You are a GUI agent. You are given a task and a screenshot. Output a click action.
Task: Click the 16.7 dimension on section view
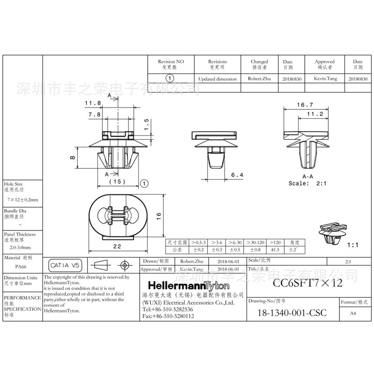point(305,105)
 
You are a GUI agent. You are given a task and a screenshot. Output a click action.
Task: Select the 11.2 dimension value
point(315,114)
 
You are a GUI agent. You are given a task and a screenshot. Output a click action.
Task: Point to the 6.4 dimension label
point(237,175)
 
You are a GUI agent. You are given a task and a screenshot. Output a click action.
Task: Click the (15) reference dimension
point(116,181)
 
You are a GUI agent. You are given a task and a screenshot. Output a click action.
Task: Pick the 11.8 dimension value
point(93,103)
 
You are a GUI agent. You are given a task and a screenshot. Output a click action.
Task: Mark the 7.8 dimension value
point(94,114)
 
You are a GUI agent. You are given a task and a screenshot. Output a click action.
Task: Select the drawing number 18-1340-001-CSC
point(292,313)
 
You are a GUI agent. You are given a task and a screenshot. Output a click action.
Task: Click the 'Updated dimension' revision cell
point(217,79)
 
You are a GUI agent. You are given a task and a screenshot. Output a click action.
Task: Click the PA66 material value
point(21,267)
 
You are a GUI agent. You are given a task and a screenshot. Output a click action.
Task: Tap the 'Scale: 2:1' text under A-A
point(307,183)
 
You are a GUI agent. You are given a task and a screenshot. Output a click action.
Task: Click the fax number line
point(167,316)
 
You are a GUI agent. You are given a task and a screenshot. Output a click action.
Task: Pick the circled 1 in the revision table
point(171,79)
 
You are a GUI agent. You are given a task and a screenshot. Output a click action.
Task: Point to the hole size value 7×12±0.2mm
point(22,200)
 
